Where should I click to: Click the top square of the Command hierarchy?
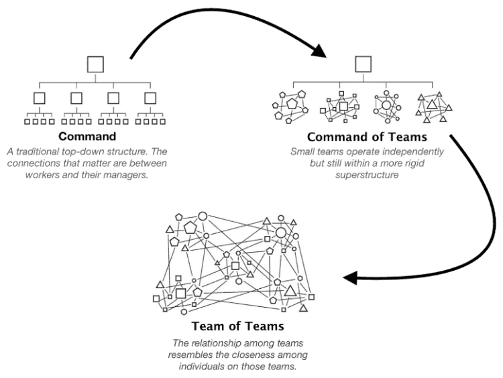(x=96, y=64)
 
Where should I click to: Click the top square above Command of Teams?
(x=363, y=64)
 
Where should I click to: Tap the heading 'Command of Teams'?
(x=367, y=137)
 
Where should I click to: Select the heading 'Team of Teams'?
(x=238, y=326)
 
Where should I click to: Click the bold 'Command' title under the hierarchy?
(x=87, y=136)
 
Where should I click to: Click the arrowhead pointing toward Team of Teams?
(x=350, y=277)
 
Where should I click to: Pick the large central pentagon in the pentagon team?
(x=292, y=104)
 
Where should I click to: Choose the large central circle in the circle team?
(x=386, y=105)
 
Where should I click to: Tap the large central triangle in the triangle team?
(x=432, y=105)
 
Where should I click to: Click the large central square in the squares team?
(x=343, y=106)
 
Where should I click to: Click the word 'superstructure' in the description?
(x=367, y=175)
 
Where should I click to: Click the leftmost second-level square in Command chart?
(x=40, y=98)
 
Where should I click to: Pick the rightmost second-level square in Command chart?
(x=150, y=98)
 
